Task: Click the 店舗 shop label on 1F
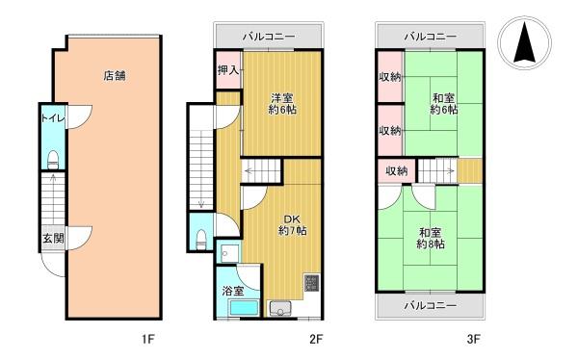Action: (x=115, y=76)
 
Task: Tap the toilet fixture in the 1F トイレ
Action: (x=53, y=160)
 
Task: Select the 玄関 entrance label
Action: (x=53, y=238)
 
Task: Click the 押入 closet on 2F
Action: (x=228, y=70)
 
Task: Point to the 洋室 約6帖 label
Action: (x=282, y=104)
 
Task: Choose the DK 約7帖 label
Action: (x=292, y=225)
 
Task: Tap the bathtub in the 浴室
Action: (x=244, y=307)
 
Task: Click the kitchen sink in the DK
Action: (x=280, y=309)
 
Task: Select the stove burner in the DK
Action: (x=312, y=283)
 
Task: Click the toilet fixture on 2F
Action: (x=201, y=240)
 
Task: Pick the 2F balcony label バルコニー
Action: (x=269, y=37)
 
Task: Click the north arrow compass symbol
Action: (x=524, y=42)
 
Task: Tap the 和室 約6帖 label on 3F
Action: (x=444, y=104)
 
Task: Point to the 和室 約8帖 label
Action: (x=431, y=239)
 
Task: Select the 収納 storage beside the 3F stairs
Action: (x=397, y=170)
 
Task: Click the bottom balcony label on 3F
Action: (x=431, y=305)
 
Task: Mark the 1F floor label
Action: (x=147, y=339)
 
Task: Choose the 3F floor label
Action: (x=473, y=339)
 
